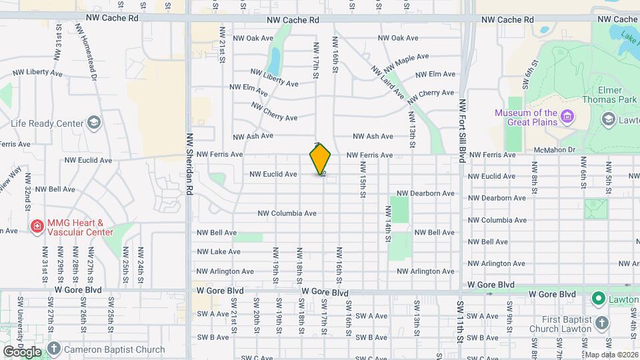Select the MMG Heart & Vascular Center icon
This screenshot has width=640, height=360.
[x=36, y=227]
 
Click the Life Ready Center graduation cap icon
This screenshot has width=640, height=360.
[x=94, y=123]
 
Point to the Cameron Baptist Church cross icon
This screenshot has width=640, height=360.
[x=54, y=349]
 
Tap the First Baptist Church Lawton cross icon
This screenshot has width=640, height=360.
[x=603, y=323]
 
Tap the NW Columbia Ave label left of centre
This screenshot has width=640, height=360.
[x=287, y=213]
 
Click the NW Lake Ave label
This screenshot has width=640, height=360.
[x=219, y=252]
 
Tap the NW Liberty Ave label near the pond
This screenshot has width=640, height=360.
[x=275, y=79]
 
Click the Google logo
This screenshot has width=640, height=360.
[x=22, y=351]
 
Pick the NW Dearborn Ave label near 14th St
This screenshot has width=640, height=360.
[x=425, y=193]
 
